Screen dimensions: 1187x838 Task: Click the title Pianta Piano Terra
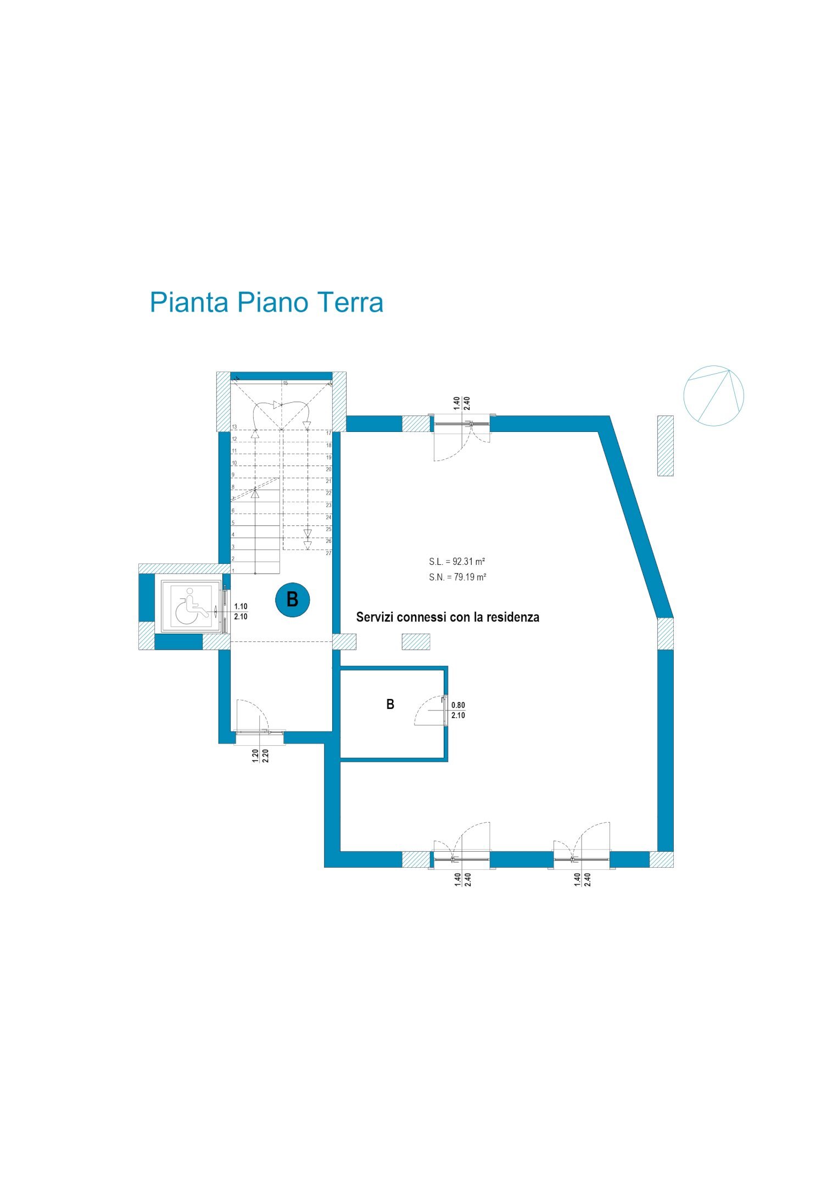tap(266, 303)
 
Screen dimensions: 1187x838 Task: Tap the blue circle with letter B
tap(292, 600)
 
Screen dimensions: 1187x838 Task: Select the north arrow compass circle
tap(713, 396)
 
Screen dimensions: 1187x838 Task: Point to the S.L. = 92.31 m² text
tap(457, 562)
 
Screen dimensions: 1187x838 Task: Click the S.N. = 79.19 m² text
tap(457, 577)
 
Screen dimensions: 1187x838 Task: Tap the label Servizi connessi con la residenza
tap(448, 617)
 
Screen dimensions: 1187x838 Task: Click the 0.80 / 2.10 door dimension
tap(458, 710)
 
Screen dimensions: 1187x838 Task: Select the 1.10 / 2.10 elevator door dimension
tap(241, 612)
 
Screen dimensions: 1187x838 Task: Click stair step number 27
tap(328, 553)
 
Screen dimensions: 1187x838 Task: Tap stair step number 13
tap(234, 427)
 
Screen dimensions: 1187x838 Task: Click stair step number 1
tap(233, 571)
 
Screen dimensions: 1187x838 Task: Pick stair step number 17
tap(328, 433)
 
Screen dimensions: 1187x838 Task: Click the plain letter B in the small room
tap(390, 705)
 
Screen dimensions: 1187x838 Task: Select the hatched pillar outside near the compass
tap(665, 446)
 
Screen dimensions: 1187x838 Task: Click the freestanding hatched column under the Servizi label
tap(416, 641)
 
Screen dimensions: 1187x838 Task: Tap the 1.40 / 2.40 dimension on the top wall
tap(461, 403)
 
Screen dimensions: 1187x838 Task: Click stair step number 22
tap(328, 493)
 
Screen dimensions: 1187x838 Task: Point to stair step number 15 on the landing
tap(285, 383)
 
